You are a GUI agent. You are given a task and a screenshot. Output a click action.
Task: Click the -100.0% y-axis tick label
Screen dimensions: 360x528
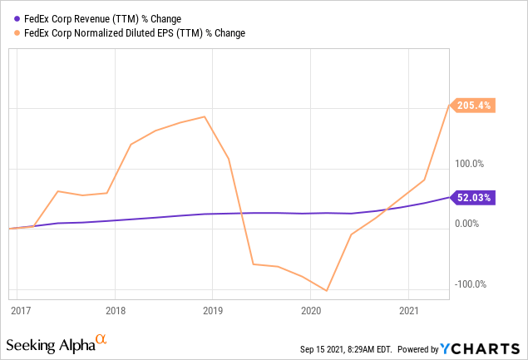[x=471, y=284]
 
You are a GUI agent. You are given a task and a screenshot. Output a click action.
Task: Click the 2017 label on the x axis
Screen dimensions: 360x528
[x=21, y=310]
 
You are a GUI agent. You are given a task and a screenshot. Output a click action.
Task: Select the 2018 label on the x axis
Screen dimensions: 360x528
[x=116, y=310]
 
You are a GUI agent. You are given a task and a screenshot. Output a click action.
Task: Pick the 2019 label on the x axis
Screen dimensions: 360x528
[x=213, y=310]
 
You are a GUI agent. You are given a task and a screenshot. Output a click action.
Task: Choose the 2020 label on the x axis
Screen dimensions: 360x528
[x=310, y=310]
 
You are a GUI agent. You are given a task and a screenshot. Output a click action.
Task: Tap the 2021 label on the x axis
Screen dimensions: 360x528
[x=408, y=310]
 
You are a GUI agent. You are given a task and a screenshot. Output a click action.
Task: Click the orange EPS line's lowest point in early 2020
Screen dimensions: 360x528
[x=327, y=291]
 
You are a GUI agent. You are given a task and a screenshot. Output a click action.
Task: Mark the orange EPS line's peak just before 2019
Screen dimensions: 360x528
[x=205, y=116]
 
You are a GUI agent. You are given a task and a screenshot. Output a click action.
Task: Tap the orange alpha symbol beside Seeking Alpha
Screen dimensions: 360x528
[x=101, y=339]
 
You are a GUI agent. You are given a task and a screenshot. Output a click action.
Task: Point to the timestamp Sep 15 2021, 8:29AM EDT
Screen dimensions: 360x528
[x=350, y=348]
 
